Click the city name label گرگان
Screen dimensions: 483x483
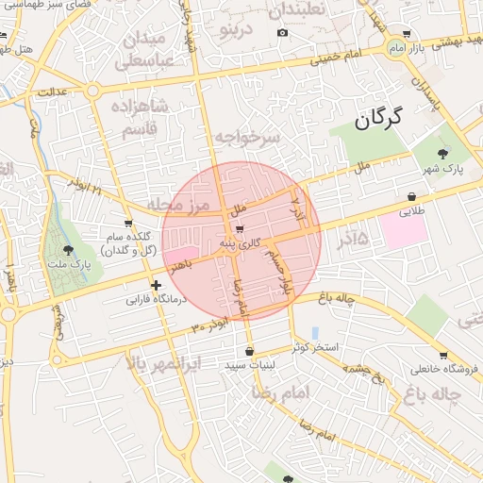click(x=379, y=119)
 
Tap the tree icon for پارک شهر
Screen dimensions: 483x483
click(x=444, y=153)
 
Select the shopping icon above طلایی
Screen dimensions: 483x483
click(x=412, y=196)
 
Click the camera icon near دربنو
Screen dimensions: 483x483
click(x=282, y=33)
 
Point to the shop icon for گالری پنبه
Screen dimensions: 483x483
click(x=239, y=228)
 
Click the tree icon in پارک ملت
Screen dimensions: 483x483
click(x=68, y=251)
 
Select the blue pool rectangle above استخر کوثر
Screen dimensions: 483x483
click(x=314, y=334)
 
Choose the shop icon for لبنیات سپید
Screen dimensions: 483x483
click(x=248, y=351)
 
